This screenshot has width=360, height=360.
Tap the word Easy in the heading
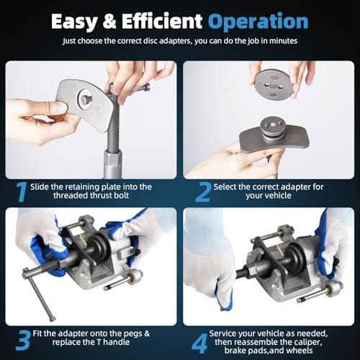coord(76,23)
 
